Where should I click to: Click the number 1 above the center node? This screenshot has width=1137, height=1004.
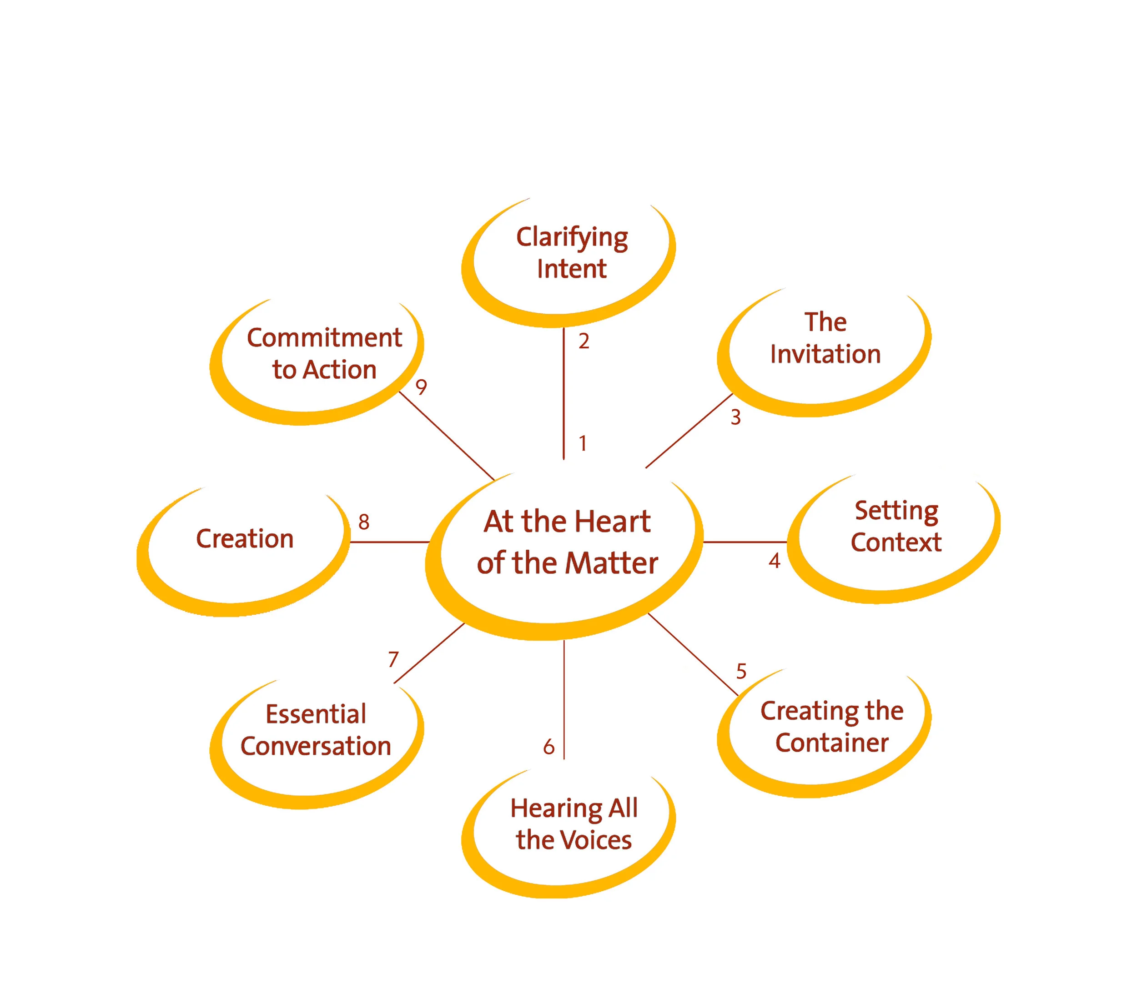[583, 444]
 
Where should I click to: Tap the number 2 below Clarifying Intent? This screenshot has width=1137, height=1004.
[584, 341]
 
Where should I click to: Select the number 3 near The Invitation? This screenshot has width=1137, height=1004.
[735, 417]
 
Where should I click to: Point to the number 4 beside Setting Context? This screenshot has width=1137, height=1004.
[775, 561]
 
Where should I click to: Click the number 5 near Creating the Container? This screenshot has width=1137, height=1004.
[741, 671]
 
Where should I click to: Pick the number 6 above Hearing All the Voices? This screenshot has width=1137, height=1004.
[548, 747]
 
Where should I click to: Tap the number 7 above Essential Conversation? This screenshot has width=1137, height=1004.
[393, 660]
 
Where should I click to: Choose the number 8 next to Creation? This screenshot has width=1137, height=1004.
[364, 522]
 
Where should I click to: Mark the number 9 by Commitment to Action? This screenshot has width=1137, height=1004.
[421, 387]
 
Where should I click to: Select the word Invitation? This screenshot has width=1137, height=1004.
[825, 354]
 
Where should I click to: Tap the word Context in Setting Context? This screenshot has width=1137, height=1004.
[896, 542]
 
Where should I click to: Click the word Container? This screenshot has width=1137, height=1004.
[832, 743]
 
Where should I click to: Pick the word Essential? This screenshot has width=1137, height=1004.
[315, 714]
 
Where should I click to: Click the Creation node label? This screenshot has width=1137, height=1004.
[245, 538]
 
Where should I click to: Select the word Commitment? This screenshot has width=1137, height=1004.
[324, 338]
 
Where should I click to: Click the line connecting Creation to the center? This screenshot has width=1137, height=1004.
[389, 542]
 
